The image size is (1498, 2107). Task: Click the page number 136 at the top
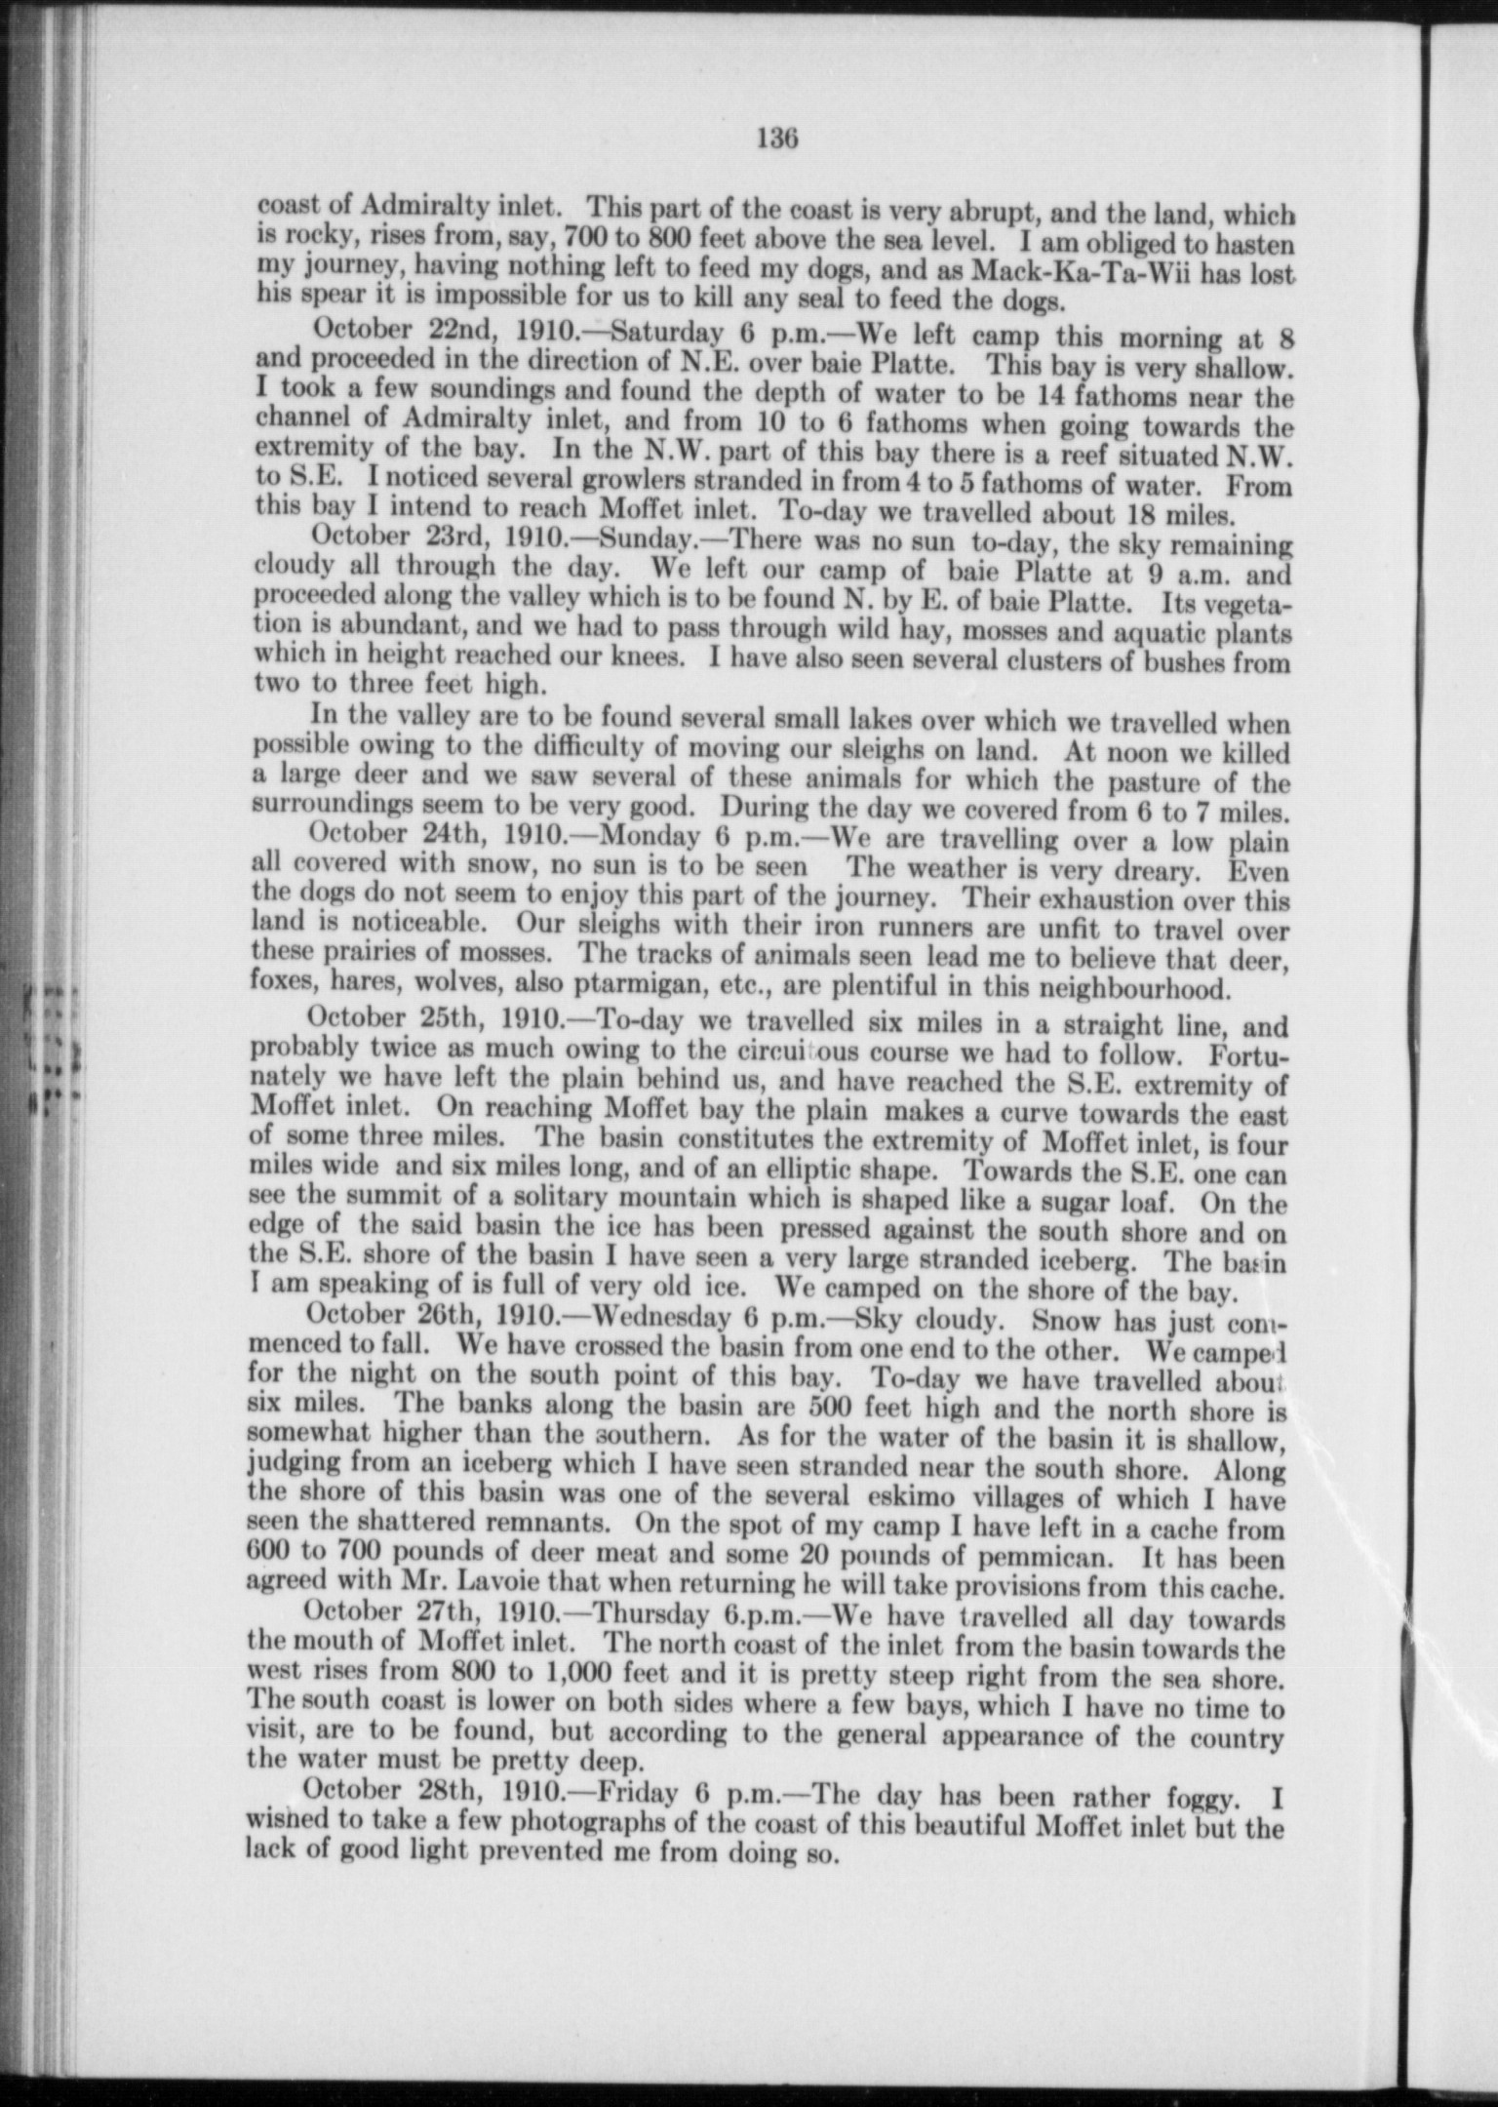click(x=777, y=139)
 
